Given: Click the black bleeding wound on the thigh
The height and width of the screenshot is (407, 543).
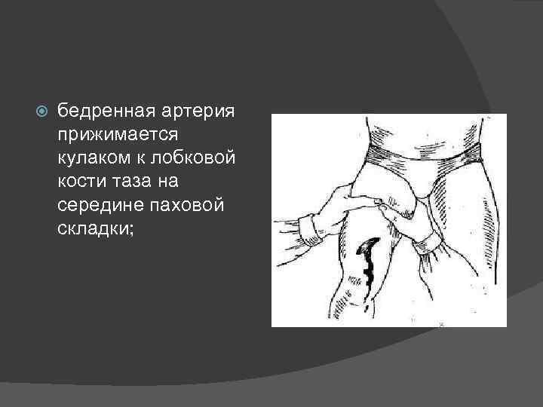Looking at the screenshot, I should point(370,264).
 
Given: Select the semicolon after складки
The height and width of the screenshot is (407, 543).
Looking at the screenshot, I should point(130,230).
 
